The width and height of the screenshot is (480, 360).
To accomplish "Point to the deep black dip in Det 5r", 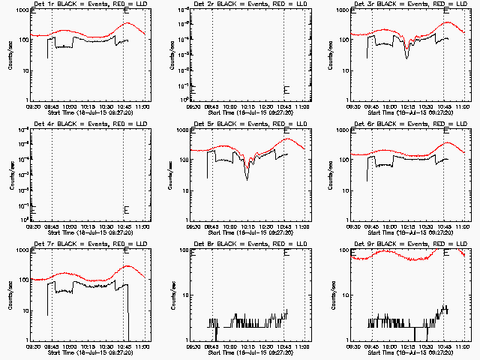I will [x=247, y=177].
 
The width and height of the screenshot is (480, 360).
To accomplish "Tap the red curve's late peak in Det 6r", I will [x=448, y=142].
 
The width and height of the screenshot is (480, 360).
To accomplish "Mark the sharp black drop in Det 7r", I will [x=128, y=315].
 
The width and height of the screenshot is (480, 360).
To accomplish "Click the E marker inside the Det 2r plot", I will [x=286, y=90].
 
